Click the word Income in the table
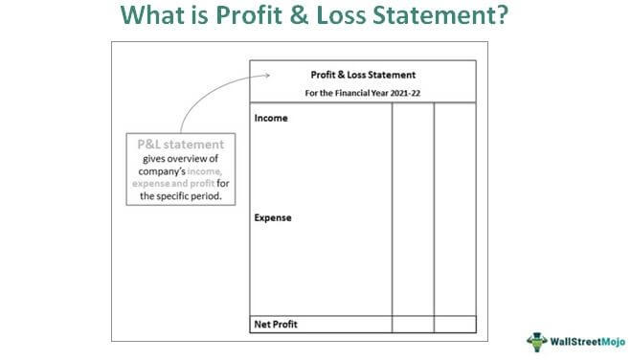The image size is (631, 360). tap(271, 119)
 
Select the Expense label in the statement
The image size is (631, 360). tap(273, 218)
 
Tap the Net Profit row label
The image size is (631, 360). tap(277, 324)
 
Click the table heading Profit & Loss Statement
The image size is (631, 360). tap(363, 75)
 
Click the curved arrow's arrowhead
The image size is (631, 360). tap(268, 77)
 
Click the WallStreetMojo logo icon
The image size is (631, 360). tap(535, 341)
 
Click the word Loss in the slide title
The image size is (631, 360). tap(347, 17)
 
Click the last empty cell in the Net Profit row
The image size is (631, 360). tap(455, 324)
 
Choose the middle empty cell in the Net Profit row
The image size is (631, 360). tap(413, 324)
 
